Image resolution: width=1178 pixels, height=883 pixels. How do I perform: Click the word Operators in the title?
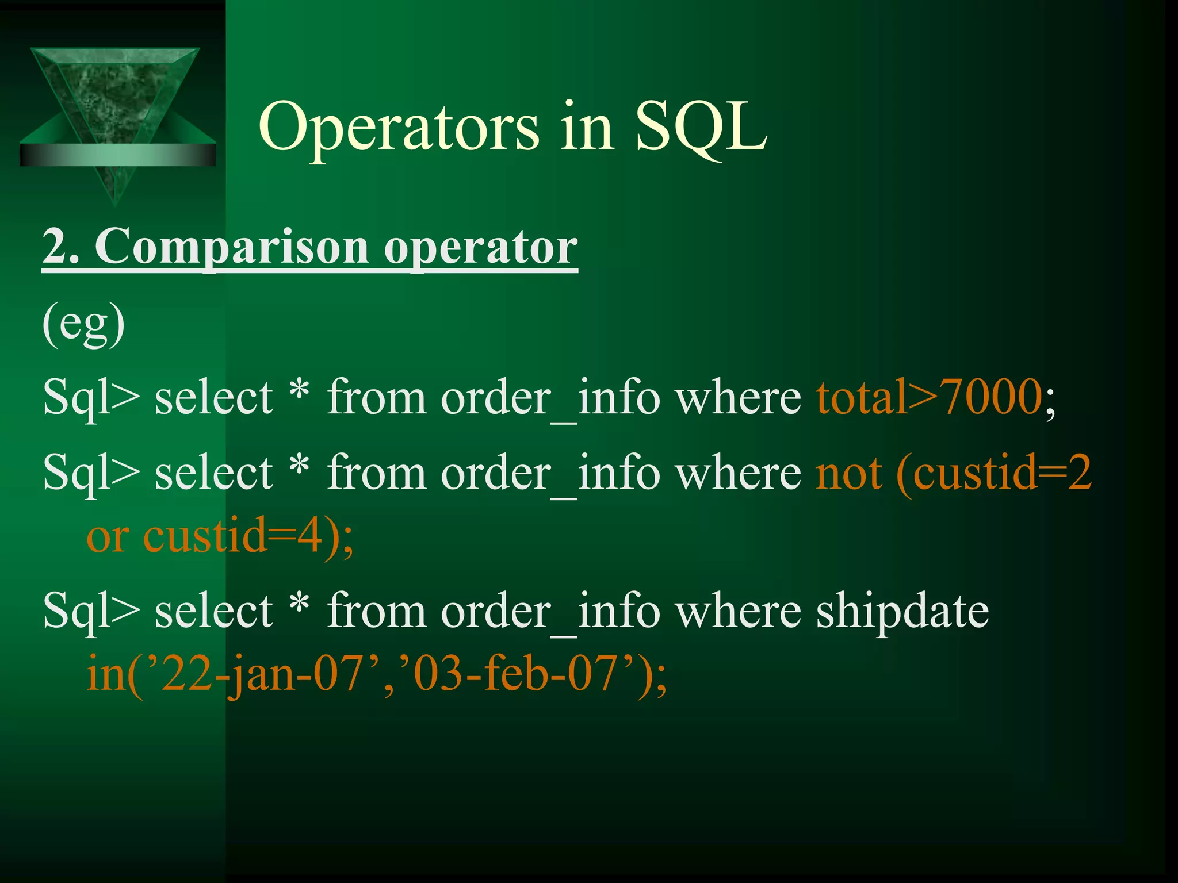click(x=399, y=128)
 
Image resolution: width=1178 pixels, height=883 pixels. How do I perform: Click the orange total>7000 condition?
click(x=928, y=397)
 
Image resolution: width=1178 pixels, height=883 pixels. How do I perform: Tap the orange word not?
click(x=848, y=473)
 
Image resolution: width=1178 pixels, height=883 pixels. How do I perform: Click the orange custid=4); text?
click(x=247, y=536)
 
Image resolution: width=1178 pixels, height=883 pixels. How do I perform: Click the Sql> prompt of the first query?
click(x=91, y=398)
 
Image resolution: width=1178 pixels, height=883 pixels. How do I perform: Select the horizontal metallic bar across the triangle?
click(x=117, y=155)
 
